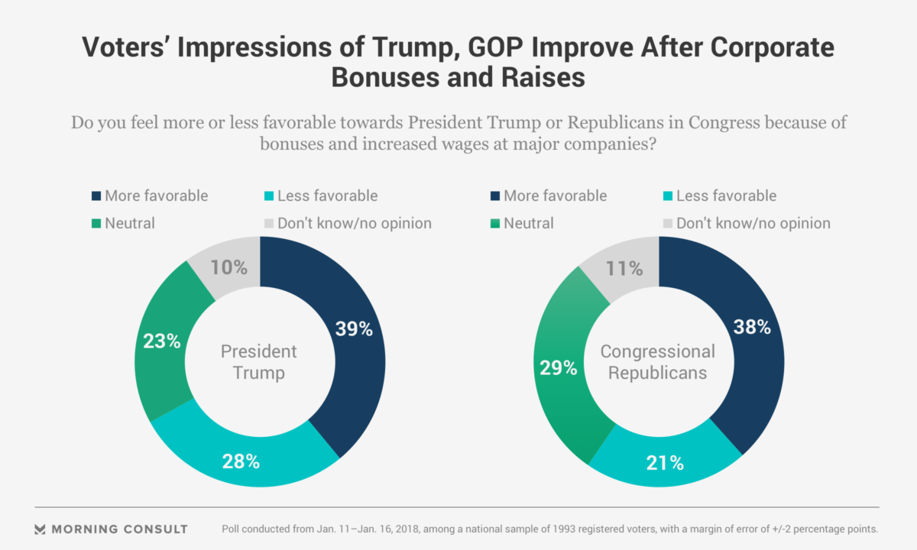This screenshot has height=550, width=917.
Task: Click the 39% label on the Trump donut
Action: coord(354,329)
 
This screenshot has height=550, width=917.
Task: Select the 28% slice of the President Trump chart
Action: coord(241,461)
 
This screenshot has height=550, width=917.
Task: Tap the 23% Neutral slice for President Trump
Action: coord(162,341)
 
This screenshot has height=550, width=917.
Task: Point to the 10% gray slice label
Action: coord(229,267)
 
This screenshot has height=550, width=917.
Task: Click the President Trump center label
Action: coord(259,362)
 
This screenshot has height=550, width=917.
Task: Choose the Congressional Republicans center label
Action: coord(658,362)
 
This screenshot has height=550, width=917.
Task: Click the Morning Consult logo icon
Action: coord(41,529)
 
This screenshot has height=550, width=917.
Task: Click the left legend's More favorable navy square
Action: coord(96,196)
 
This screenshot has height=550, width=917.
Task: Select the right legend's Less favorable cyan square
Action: coord(666,196)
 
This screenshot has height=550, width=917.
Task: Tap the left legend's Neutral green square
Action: coord(96,224)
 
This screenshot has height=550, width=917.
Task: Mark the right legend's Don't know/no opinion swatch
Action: coord(666,224)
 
